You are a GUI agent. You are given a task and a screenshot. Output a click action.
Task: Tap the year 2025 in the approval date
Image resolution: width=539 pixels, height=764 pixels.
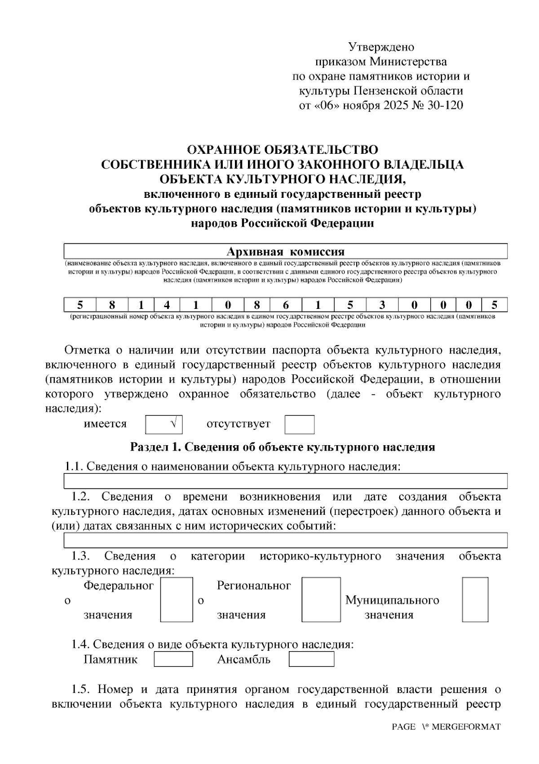pyautogui.click(x=393, y=106)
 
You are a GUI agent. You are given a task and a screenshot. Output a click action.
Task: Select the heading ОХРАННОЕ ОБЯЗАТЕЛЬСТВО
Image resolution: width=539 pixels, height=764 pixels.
pyautogui.click(x=282, y=150)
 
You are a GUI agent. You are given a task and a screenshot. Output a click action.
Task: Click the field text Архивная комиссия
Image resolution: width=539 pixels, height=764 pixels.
pyautogui.click(x=285, y=251)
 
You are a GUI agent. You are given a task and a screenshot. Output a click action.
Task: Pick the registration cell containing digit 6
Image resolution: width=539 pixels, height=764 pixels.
pyautogui.click(x=286, y=305)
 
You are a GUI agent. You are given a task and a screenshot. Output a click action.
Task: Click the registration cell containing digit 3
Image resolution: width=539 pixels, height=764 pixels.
pyautogui.click(x=382, y=305)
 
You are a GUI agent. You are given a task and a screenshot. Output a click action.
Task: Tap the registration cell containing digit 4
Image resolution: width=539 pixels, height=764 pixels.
pyautogui.click(x=167, y=305)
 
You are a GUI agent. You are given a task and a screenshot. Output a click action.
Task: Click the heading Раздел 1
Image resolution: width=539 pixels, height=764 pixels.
pyautogui.click(x=282, y=447)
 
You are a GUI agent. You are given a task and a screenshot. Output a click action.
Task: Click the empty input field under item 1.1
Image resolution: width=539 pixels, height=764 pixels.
pyautogui.click(x=286, y=481)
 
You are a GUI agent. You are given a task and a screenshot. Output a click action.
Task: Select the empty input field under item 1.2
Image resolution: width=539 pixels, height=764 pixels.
pyautogui.click(x=286, y=540)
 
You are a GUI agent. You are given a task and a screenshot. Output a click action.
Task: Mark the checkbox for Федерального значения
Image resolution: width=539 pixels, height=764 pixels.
pyautogui.click(x=177, y=599)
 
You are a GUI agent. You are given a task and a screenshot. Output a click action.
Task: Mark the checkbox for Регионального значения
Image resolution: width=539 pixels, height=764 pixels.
pyautogui.click(x=321, y=599)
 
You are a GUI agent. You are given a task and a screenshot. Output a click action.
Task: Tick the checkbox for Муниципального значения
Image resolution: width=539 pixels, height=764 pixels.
pyautogui.click(x=475, y=599)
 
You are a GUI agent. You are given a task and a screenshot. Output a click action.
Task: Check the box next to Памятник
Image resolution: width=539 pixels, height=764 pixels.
pyautogui.click(x=173, y=659)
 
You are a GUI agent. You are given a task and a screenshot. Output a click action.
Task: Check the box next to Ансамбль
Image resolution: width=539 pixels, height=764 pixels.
pyautogui.click(x=311, y=659)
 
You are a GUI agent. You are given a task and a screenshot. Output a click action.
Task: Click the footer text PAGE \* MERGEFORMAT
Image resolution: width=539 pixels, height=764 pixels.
pyautogui.click(x=446, y=727)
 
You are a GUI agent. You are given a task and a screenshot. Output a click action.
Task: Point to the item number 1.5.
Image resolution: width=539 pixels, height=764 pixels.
pyautogui.click(x=81, y=689)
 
